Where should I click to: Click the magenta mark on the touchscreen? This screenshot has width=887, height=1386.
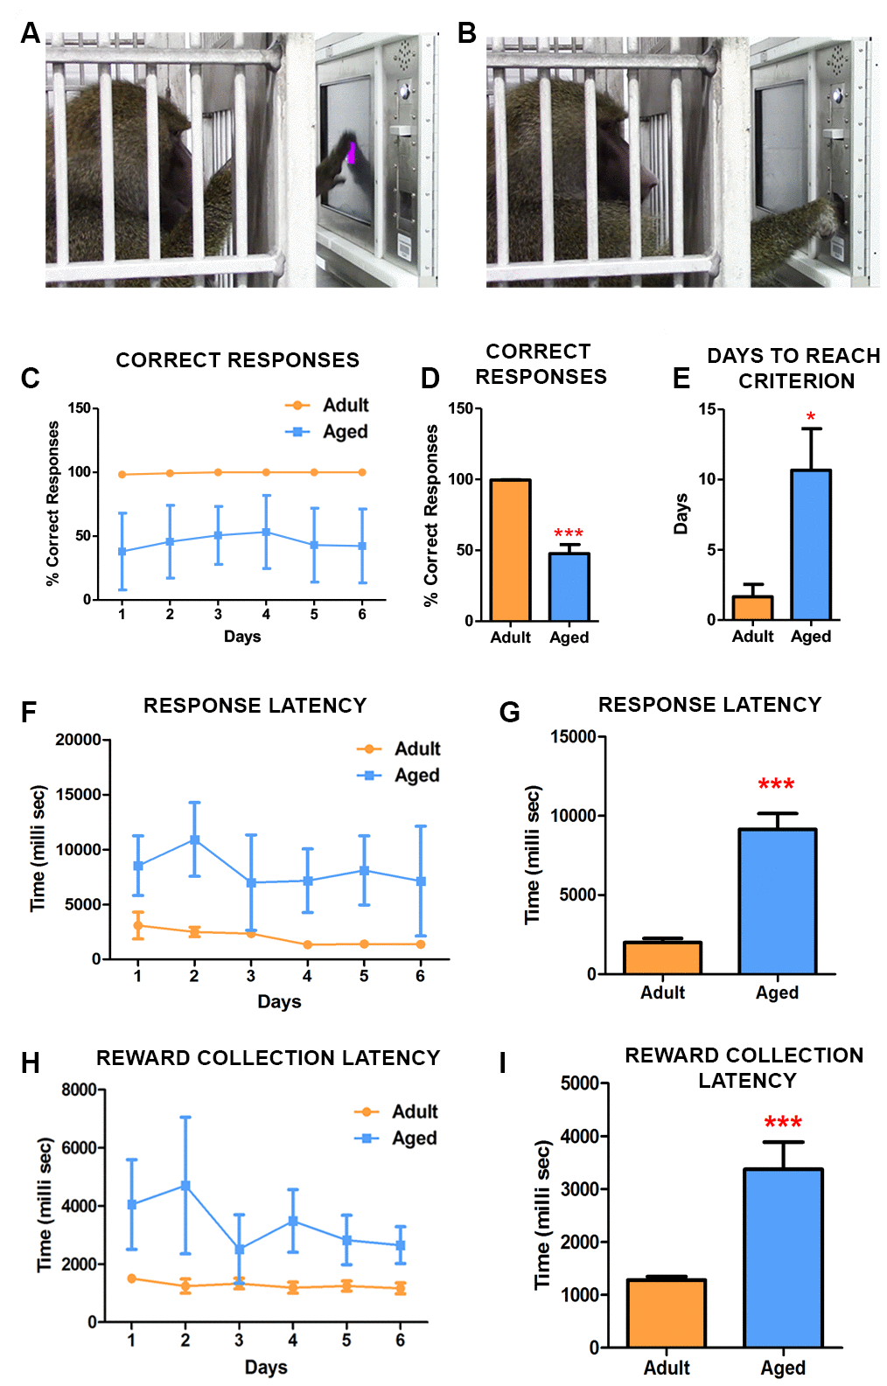tap(352, 153)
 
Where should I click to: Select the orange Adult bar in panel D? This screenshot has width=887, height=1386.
tap(511, 550)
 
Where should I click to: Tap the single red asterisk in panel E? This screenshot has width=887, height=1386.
tap(811, 417)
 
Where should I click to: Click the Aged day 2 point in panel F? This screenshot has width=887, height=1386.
tap(194, 839)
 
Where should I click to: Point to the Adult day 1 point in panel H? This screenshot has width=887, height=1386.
tap(132, 1278)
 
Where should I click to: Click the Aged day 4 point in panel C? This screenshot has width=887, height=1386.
tap(266, 532)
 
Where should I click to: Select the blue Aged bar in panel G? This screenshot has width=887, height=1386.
tap(778, 902)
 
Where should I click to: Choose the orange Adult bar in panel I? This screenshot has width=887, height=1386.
tap(667, 1313)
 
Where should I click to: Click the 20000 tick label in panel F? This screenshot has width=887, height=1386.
tap(79, 740)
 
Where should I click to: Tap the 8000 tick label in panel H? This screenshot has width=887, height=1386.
tap(79, 1090)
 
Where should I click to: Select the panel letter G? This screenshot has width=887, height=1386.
tap(509, 713)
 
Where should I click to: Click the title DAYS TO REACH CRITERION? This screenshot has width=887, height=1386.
tap(794, 368)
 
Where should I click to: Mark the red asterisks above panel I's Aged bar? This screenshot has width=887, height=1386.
tap(783, 1123)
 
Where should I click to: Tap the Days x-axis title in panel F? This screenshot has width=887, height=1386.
tap(279, 1001)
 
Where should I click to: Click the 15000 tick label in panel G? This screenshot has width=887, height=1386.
tap(573, 736)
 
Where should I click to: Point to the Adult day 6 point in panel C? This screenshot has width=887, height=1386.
tap(362, 472)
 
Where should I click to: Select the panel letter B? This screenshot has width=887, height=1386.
tap(467, 33)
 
